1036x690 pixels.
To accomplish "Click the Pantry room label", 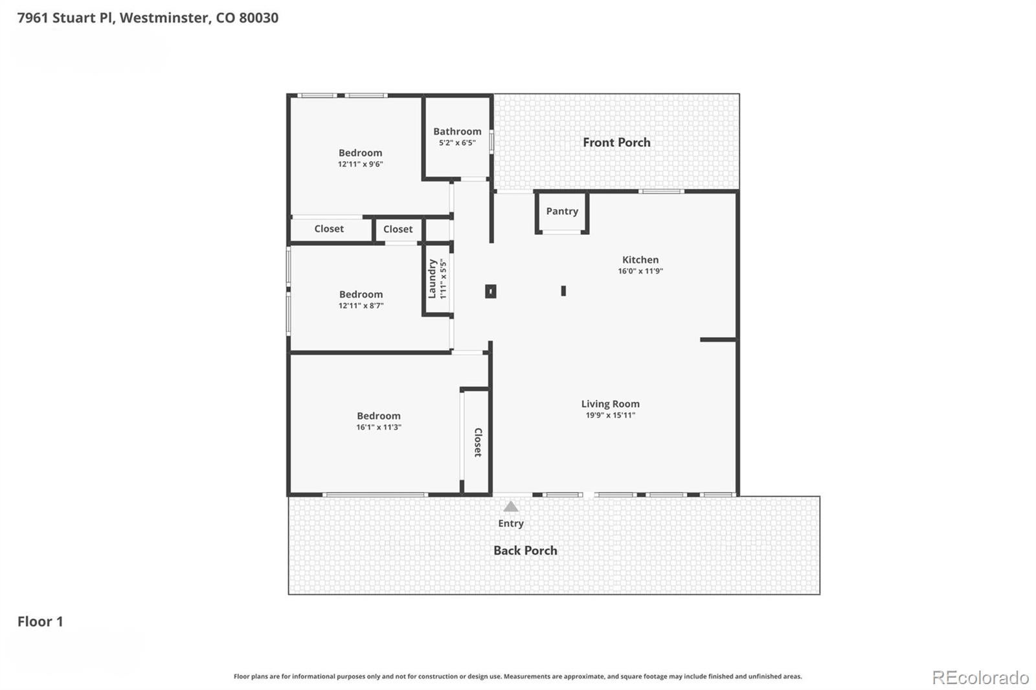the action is (562, 212).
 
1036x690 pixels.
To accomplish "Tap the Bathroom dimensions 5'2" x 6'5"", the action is (457, 143).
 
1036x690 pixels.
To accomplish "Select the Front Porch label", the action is (616, 142).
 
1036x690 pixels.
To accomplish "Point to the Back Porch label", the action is (525, 550).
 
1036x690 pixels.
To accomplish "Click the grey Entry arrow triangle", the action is (511, 507).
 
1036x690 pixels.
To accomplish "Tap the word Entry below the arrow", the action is (511, 524).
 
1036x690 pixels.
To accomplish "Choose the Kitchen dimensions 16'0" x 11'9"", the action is (640, 271).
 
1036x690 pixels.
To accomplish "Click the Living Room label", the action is (611, 404).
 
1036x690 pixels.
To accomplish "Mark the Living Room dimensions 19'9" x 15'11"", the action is (611, 416).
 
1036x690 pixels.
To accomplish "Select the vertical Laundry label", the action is (432, 279).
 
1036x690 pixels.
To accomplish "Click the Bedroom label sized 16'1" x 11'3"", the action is (378, 416).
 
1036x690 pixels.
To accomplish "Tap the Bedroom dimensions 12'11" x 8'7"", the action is (361, 306).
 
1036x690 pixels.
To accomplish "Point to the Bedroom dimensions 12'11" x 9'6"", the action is (360, 164).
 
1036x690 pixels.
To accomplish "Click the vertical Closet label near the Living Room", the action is (478, 443).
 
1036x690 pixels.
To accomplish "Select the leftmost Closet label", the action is (329, 229).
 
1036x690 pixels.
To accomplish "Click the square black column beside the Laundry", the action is (491, 291).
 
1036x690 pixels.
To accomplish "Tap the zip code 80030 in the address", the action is (258, 17).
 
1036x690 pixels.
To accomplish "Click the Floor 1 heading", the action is (40, 621).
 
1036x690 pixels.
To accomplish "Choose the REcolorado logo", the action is (980, 678).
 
